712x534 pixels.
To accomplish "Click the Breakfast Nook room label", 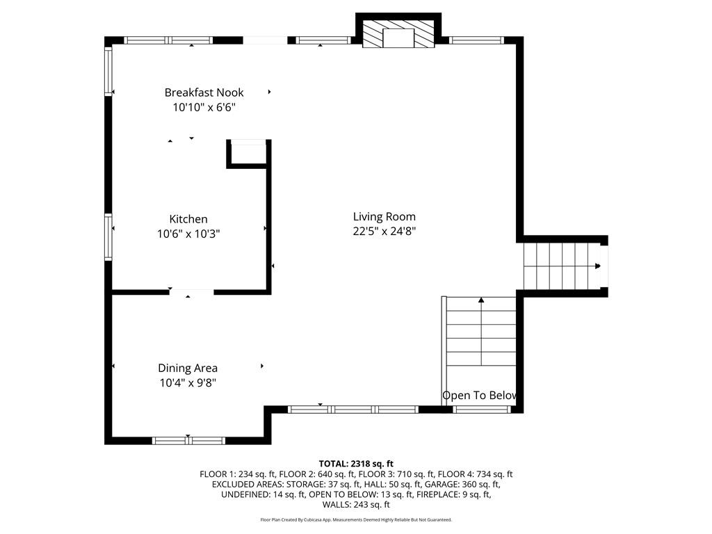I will tap(204, 92).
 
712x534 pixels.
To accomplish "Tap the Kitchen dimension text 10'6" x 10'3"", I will tap(188, 234).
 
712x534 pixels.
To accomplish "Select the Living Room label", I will tap(384, 216).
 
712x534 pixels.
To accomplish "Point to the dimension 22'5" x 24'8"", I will tap(384, 232).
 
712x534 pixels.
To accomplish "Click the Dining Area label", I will tap(188, 368).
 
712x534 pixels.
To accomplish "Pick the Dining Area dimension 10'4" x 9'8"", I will tap(188, 382).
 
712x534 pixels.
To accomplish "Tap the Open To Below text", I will tap(480, 396).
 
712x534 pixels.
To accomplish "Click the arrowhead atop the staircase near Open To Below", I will tap(481, 300).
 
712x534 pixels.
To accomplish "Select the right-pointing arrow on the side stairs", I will tap(597, 266).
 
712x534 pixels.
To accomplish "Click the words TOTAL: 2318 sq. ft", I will tap(356, 463).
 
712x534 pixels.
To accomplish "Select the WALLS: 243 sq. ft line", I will tap(356, 505).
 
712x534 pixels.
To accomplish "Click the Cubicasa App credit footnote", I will tap(356, 519).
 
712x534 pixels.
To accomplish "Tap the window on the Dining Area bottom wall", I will tap(188, 440).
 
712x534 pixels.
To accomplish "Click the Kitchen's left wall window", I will tap(108, 237).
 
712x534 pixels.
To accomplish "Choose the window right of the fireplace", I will tap(476, 40).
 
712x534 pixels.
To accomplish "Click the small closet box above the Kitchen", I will tap(248, 153).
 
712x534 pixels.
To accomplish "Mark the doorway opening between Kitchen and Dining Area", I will tap(191, 292).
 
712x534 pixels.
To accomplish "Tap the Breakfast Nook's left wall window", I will tap(108, 70).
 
